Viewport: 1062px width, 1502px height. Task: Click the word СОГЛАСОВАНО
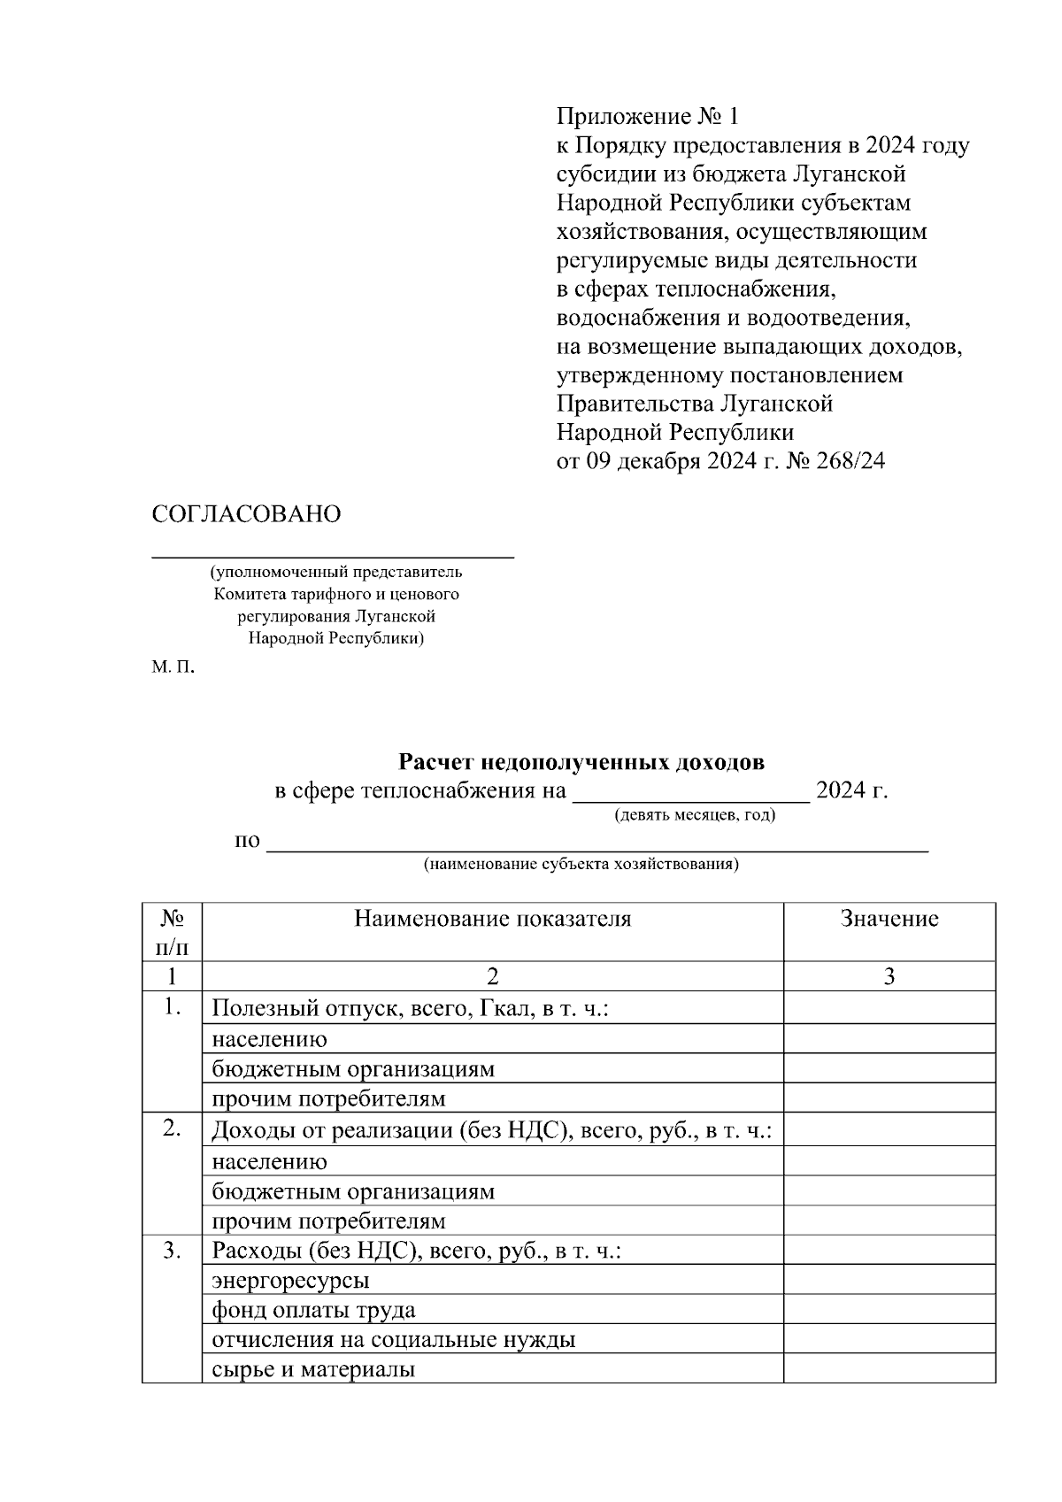(x=246, y=514)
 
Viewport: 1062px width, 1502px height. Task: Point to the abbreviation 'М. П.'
(x=172, y=666)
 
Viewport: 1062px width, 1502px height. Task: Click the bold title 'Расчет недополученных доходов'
(x=581, y=762)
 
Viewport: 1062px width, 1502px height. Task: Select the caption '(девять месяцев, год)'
(x=695, y=814)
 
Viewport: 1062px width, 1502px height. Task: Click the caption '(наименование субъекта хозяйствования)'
(x=581, y=864)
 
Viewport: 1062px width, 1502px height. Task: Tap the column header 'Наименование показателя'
(x=492, y=919)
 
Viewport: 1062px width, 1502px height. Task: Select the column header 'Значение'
(x=889, y=919)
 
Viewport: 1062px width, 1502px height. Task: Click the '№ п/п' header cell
(x=172, y=932)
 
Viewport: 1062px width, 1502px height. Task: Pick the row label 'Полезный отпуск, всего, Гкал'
(x=410, y=1008)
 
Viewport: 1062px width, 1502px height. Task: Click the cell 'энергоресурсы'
(x=290, y=1280)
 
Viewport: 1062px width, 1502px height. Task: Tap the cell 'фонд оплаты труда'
(x=313, y=1310)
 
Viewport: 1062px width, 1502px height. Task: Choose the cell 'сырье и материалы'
(x=313, y=1370)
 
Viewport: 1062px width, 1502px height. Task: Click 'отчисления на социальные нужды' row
(x=393, y=1340)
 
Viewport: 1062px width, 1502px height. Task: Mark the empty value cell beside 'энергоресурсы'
(x=889, y=1280)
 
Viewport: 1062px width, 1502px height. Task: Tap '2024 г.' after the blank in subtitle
(x=851, y=790)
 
